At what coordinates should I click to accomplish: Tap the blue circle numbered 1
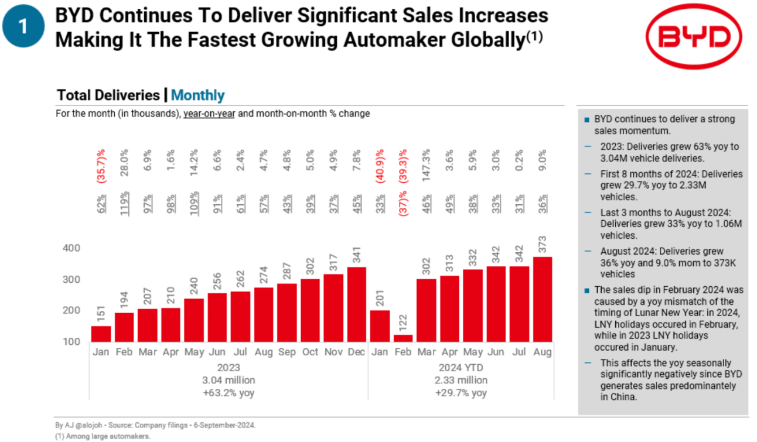tap(23, 27)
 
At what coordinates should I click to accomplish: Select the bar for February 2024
tap(404, 338)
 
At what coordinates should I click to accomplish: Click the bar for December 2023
tap(357, 304)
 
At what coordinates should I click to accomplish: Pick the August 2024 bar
tap(543, 299)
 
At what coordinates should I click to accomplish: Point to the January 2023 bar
tap(101, 333)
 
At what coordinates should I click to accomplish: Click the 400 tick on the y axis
tap(71, 248)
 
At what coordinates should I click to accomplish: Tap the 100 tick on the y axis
tap(71, 341)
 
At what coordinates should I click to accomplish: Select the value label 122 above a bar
tap(404, 323)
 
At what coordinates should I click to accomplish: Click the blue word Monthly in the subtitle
tap(198, 95)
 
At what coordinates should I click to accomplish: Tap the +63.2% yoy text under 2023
tap(229, 393)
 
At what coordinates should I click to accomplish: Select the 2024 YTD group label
tap(461, 368)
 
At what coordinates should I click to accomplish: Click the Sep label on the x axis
tap(287, 352)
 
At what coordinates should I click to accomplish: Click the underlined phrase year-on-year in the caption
tap(209, 114)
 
